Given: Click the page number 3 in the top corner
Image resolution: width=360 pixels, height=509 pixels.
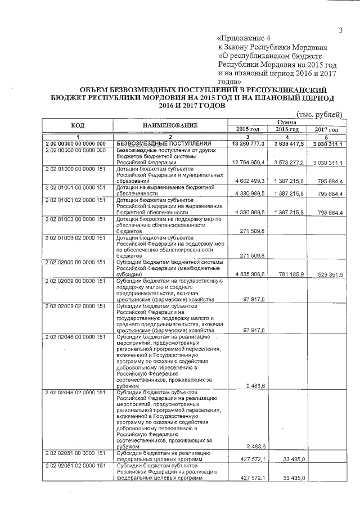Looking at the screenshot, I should (x=340, y=30).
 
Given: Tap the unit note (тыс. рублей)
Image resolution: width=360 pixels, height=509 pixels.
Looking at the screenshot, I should (x=318, y=114).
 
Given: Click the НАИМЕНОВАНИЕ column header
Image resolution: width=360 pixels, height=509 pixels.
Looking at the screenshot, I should (x=170, y=124).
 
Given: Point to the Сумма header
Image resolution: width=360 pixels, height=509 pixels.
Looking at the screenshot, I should (x=286, y=121).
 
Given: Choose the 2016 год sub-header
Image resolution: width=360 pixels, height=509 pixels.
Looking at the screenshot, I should (x=286, y=129).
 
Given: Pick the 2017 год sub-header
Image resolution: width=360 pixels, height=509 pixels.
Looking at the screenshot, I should (x=326, y=129).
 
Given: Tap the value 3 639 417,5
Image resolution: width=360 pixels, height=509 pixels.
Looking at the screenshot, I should (x=286, y=144).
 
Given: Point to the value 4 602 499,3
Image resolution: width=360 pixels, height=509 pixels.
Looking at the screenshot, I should (x=247, y=181).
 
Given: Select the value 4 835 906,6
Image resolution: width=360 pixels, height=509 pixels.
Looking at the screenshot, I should (x=247, y=274).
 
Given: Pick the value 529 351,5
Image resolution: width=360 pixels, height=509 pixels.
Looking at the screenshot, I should (x=328, y=274).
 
